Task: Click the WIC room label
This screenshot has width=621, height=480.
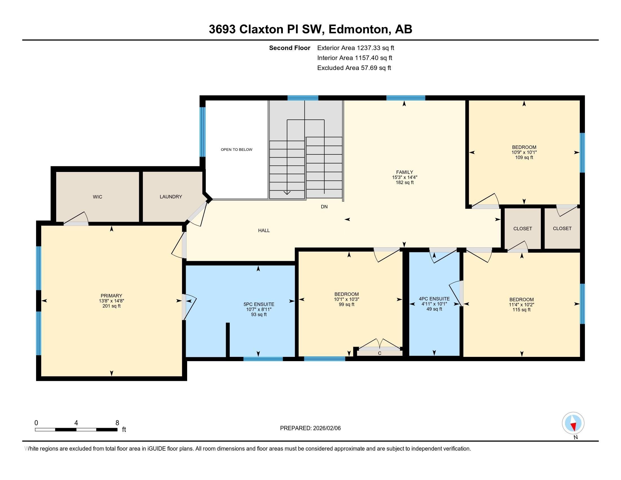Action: pyautogui.click(x=97, y=197)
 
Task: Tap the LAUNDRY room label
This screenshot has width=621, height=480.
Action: pyautogui.click(x=170, y=197)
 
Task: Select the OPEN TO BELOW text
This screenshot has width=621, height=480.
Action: pyautogui.click(x=236, y=150)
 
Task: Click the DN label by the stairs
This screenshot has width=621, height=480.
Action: pyautogui.click(x=324, y=207)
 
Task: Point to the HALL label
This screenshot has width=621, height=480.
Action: pyautogui.click(x=264, y=230)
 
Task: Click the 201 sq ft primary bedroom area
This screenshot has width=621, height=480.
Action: pyautogui.click(x=111, y=306)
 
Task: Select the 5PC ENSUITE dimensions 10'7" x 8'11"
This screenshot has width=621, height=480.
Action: pyautogui.click(x=259, y=309)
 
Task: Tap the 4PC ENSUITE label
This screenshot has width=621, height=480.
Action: pyautogui.click(x=434, y=299)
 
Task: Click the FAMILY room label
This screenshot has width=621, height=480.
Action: pyautogui.click(x=404, y=172)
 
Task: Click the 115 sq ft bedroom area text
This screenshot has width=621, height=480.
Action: pyautogui.click(x=521, y=310)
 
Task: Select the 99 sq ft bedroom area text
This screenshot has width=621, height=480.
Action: pyautogui.click(x=346, y=304)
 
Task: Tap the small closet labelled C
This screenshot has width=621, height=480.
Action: pyautogui.click(x=379, y=353)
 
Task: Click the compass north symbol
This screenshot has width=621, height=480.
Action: pyautogui.click(x=573, y=423)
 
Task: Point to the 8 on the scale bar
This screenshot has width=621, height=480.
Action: pyautogui.click(x=117, y=423)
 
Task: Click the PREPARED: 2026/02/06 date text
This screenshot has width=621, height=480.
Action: pyautogui.click(x=310, y=428)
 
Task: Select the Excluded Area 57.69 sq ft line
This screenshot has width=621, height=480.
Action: pyautogui.click(x=354, y=68)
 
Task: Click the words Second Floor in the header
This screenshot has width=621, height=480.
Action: pyautogui.click(x=289, y=48)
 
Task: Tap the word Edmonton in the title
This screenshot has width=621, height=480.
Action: pyautogui.click(x=358, y=29)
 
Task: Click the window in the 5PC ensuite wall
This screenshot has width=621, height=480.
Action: pyautogui.click(x=263, y=359)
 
